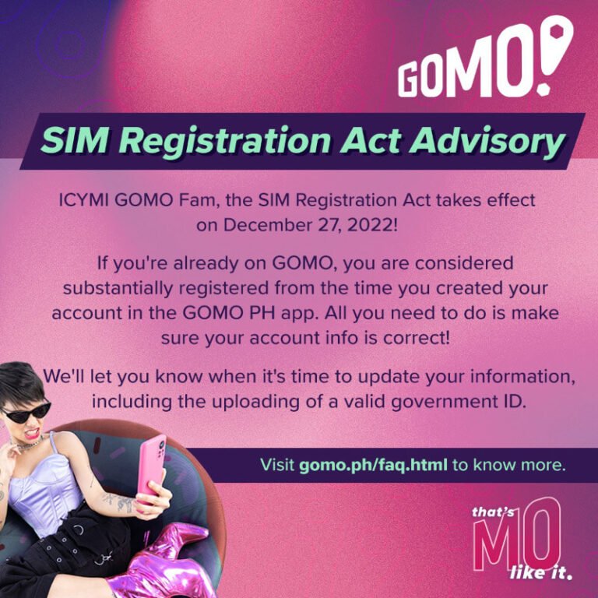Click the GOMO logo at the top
[x=484, y=62]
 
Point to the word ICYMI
[x=84, y=200]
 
